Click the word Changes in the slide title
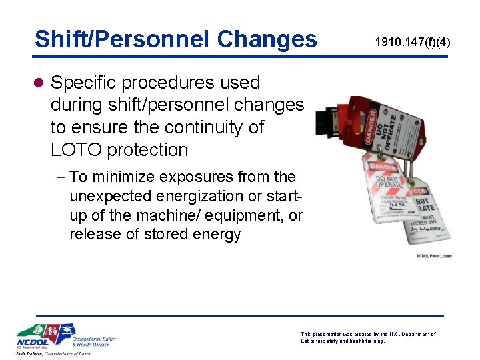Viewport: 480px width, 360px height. pyautogui.click(x=267, y=39)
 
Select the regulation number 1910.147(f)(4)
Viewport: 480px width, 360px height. pyautogui.click(x=412, y=43)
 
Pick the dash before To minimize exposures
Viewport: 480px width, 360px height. pyautogui.click(x=61, y=177)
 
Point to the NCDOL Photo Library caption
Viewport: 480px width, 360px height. pyautogui.click(x=434, y=255)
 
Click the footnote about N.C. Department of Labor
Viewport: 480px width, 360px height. pyautogui.click(x=369, y=337)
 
